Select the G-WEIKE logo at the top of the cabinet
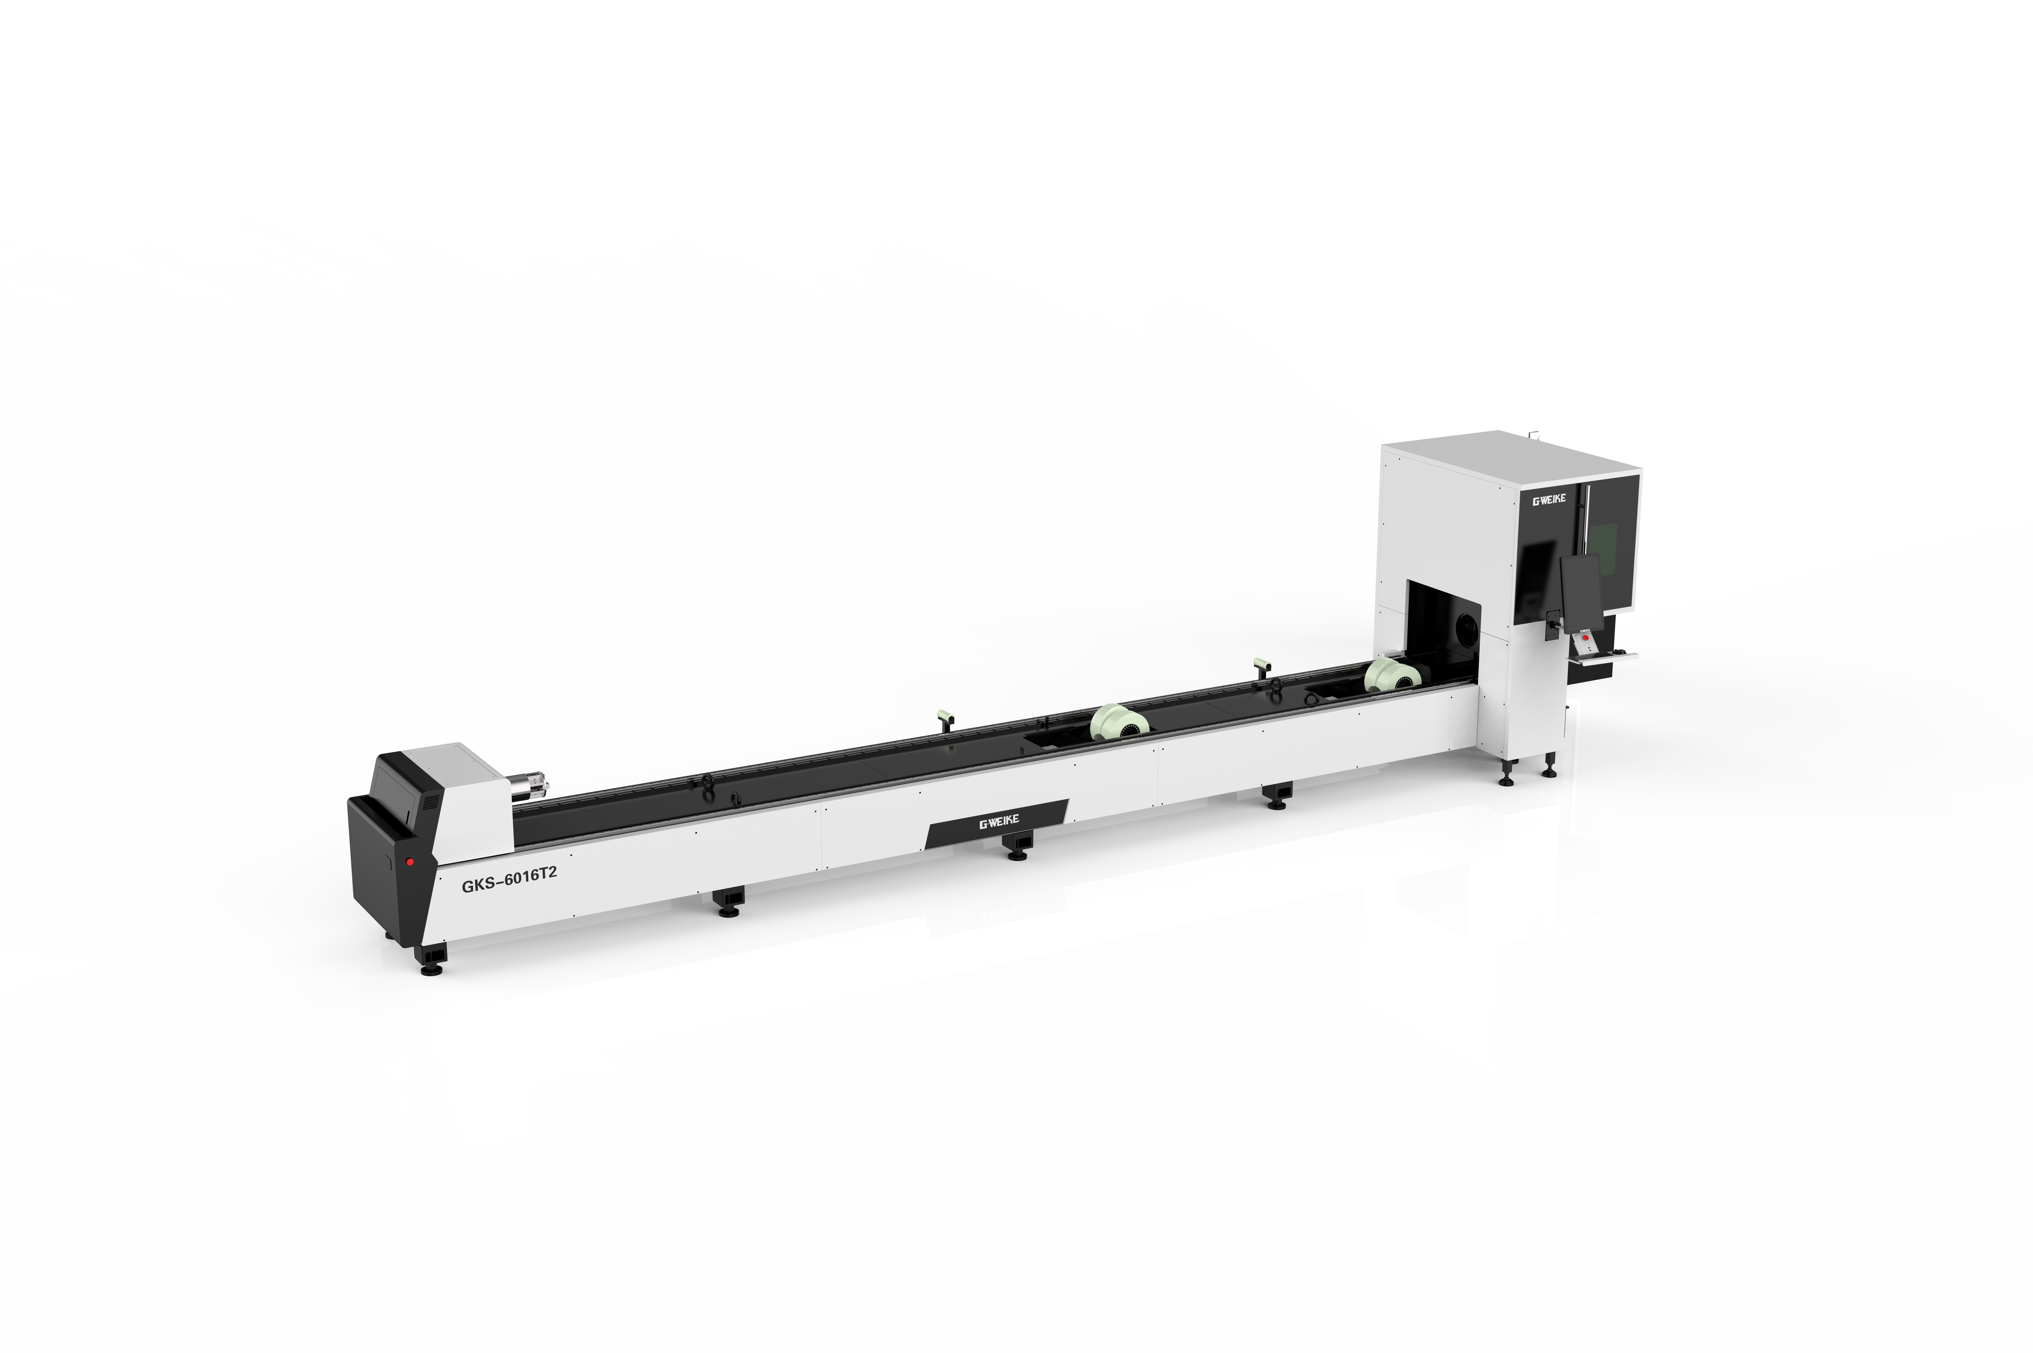(x=1548, y=501)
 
